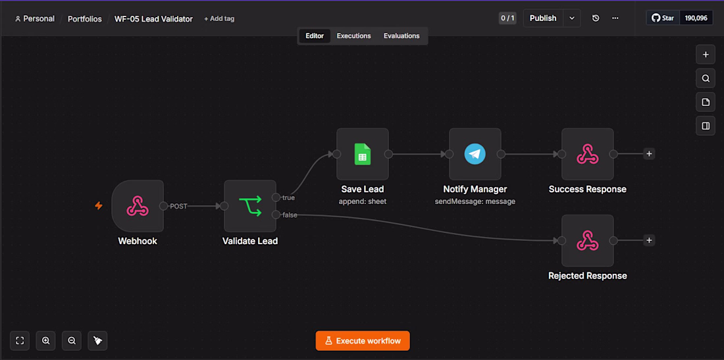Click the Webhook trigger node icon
coord(138,206)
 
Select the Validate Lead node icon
coord(250,206)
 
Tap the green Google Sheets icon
coord(363,154)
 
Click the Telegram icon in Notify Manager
coord(475,154)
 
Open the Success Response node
coord(587,154)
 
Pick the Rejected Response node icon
coord(587,240)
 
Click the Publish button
coord(543,18)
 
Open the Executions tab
coord(353,36)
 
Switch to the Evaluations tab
coord(401,36)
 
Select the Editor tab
coord(315,36)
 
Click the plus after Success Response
coord(649,154)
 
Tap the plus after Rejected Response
coord(649,240)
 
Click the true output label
coord(288,197)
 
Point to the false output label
coord(290,215)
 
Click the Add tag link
coord(219,19)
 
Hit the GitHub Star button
coord(663,18)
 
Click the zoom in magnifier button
coord(45,341)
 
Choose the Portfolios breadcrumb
coord(85,19)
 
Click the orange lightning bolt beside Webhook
coord(98,206)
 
